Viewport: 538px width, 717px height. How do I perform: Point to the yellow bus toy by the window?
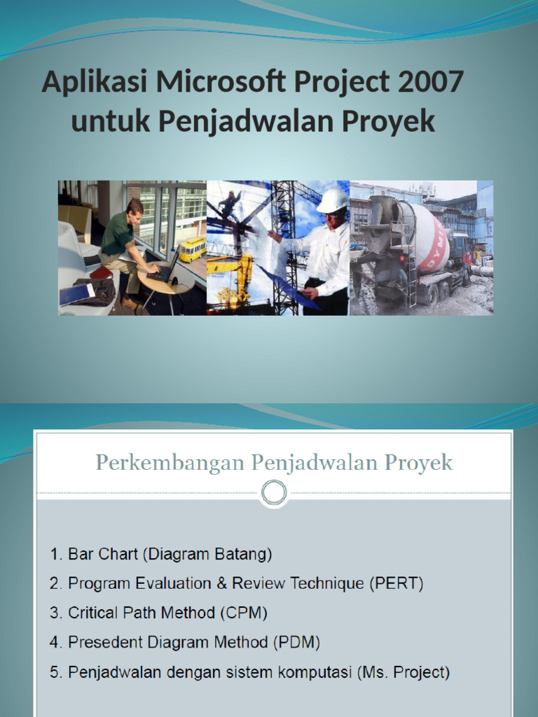(x=192, y=249)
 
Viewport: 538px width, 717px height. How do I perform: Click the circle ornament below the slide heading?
(x=273, y=493)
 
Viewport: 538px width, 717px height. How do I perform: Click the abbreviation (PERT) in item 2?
(x=396, y=583)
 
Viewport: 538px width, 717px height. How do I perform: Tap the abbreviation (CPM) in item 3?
(x=243, y=613)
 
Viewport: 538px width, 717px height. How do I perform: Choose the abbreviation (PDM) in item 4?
(x=296, y=642)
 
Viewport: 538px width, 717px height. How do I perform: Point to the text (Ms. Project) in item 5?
(x=403, y=672)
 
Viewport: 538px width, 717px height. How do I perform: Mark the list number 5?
(x=55, y=672)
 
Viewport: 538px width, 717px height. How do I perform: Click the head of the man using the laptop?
(x=134, y=207)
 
